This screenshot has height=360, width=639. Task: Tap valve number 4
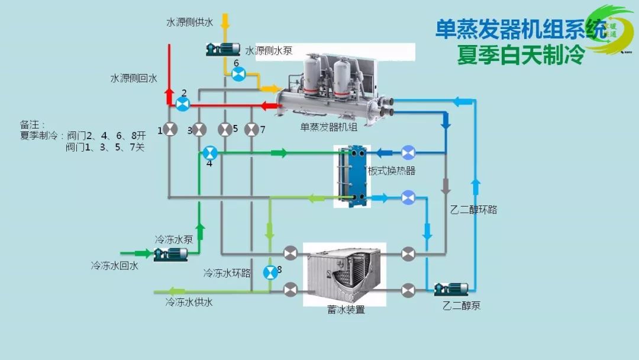click(209, 153)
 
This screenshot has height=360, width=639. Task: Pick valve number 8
click(270, 272)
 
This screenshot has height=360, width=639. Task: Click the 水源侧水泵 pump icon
click(222, 49)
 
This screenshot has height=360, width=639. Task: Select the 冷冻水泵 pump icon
click(170, 254)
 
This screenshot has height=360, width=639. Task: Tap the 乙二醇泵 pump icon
click(451, 289)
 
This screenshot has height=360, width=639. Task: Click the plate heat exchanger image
click(353, 176)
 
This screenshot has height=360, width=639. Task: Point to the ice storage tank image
click(344, 274)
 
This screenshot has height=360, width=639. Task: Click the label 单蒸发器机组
click(329, 126)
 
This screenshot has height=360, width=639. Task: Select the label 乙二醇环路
click(473, 210)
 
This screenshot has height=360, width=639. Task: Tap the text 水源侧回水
click(134, 78)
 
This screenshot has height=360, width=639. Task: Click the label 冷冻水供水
click(189, 303)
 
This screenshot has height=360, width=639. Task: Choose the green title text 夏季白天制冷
click(521, 54)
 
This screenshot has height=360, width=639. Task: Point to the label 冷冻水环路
click(227, 273)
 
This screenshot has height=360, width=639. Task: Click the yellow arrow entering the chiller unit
click(269, 89)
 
